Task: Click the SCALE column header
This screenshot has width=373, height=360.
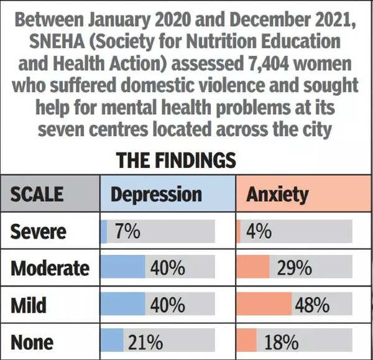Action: [37, 194]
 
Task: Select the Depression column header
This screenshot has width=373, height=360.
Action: [156, 194]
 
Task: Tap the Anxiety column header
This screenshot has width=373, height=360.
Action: [277, 194]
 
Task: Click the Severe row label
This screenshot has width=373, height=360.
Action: [38, 231]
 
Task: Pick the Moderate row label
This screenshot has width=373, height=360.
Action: [50, 269]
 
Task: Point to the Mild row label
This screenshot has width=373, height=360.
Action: [29, 305]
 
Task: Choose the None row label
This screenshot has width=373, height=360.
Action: [32, 341]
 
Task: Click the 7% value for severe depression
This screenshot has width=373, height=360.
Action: [127, 231]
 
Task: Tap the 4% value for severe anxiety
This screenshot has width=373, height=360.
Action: [259, 231]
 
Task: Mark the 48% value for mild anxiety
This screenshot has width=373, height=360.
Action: [312, 305]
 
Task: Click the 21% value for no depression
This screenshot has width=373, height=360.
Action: [145, 341]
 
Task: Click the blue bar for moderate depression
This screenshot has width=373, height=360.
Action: [122, 269]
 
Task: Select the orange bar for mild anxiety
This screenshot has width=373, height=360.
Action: [264, 305]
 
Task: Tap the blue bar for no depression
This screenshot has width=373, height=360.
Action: [112, 341]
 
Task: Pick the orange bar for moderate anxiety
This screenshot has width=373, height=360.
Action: [253, 269]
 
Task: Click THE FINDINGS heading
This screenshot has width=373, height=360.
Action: [176, 160]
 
